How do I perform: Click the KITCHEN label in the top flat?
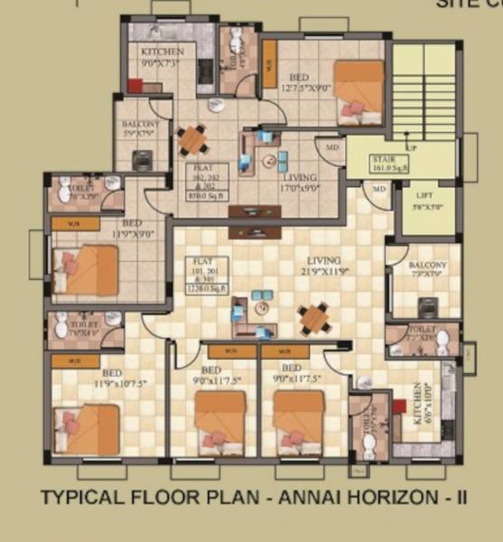162,52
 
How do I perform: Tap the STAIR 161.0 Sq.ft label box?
389,164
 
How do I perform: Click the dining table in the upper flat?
192,139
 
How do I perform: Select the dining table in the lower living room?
313,319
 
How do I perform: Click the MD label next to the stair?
331,147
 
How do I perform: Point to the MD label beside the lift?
377,190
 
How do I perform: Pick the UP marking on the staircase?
412,147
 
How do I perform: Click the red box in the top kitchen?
135,87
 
